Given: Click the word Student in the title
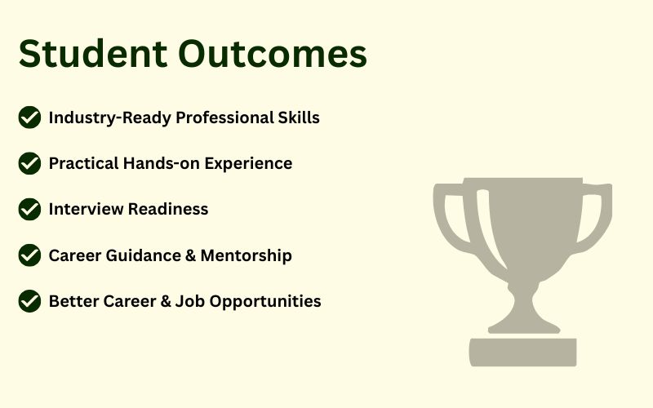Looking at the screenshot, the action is [93, 53].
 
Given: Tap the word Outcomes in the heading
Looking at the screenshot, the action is [273, 53].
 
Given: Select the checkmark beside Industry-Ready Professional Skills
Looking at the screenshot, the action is [29, 118].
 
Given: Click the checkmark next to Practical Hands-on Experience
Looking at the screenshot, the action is [29, 163].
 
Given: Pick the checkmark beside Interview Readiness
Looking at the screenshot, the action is [29, 209].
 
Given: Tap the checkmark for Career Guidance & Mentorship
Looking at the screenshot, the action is [29, 255].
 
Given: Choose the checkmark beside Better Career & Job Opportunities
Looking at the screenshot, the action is [29, 301].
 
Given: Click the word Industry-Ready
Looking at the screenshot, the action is [110, 118].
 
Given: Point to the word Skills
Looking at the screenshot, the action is [299, 118].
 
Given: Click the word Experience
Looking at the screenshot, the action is [248, 164].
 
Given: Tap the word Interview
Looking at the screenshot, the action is [86, 209].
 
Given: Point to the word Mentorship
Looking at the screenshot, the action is [247, 256].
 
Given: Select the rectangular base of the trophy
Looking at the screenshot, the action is [523, 353].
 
